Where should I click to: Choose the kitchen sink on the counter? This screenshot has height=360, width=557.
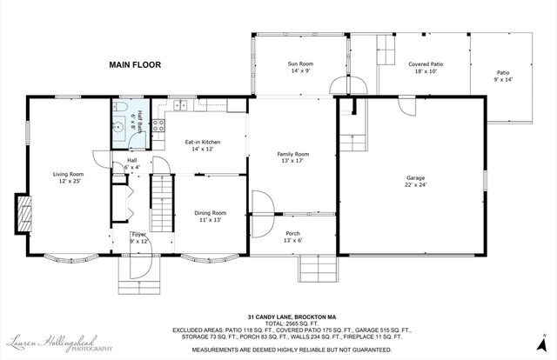pos(180,106)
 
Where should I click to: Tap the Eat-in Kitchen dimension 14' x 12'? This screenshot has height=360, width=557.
pos(203,150)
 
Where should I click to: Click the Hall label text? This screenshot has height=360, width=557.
pos(132,160)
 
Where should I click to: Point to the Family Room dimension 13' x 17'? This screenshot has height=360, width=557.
pos(293,162)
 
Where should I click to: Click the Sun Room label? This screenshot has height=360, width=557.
pos(300,64)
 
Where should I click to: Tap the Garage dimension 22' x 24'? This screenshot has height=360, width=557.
pos(409,184)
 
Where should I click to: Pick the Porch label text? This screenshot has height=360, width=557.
pos(293,232)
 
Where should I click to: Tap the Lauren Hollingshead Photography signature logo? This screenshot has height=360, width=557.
pos(60,343)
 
